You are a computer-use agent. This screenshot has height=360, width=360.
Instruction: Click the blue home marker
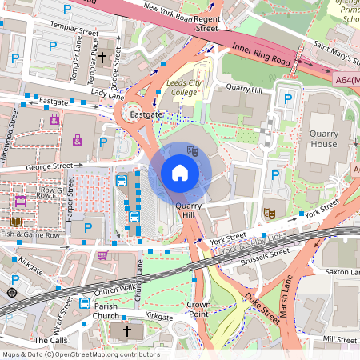(180, 173)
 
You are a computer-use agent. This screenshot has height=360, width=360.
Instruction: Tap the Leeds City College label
(185, 87)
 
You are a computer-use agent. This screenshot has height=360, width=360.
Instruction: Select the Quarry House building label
(324, 139)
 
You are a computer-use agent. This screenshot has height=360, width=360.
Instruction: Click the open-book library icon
(15, 222)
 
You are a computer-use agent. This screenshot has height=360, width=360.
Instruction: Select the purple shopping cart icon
(102, 255)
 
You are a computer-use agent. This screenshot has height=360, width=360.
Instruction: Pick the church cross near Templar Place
(102, 58)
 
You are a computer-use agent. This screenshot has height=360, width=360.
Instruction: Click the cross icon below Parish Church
(126, 331)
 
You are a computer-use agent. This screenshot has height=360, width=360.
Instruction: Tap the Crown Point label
(198, 310)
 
